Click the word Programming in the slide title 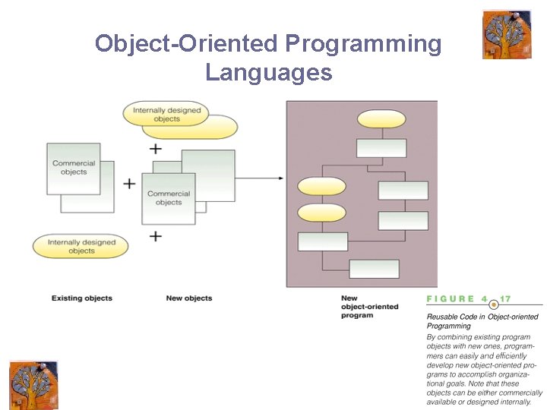pyautogui.click(x=362, y=44)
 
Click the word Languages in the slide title pyautogui.click(x=268, y=72)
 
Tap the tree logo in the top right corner pyautogui.click(x=506, y=34)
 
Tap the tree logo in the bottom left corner pyautogui.click(x=33, y=385)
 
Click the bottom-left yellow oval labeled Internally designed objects pyautogui.click(x=81, y=246)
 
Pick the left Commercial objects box pyautogui.click(x=74, y=167)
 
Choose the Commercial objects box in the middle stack pyautogui.click(x=169, y=198)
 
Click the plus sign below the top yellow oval pyautogui.click(x=156, y=148)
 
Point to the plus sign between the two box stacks pyautogui.click(x=129, y=183)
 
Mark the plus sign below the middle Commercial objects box pyautogui.click(x=156, y=236)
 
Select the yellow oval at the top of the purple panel pyautogui.click(x=381, y=119)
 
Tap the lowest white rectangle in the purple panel pyautogui.click(x=374, y=269)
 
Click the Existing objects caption pyautogui.click(x=82, y=298)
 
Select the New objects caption pyautogui.click(x=189, y=298)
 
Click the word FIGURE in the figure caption pyautogui.click(x=451, y=299)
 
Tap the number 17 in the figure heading pyautogui.click(x=505, y=299)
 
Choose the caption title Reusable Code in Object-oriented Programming pyautogui.click(x=482, y=321)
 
